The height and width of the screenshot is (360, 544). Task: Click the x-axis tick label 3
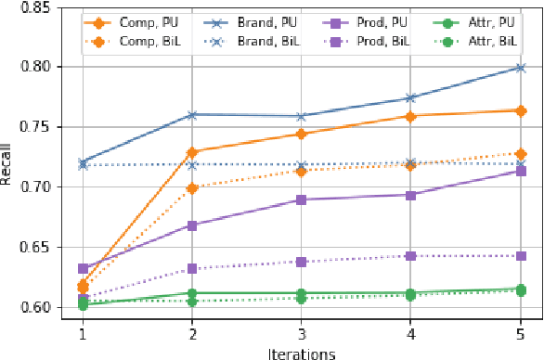pos(301,332)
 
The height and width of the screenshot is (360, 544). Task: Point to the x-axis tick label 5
pos(520,332)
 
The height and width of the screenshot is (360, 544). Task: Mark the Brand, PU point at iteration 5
pos(520,68)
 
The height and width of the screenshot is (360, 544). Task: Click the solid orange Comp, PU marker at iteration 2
pos(191,152)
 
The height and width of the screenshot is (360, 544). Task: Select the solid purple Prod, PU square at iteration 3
pos(301,199)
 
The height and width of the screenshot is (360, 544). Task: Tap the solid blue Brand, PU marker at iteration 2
pos(191,115)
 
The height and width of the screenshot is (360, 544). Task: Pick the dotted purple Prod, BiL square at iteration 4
pos(410,256)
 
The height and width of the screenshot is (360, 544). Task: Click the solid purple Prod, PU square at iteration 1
pos(82,269)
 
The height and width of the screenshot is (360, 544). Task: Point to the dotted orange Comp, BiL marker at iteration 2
pos(191,188)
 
